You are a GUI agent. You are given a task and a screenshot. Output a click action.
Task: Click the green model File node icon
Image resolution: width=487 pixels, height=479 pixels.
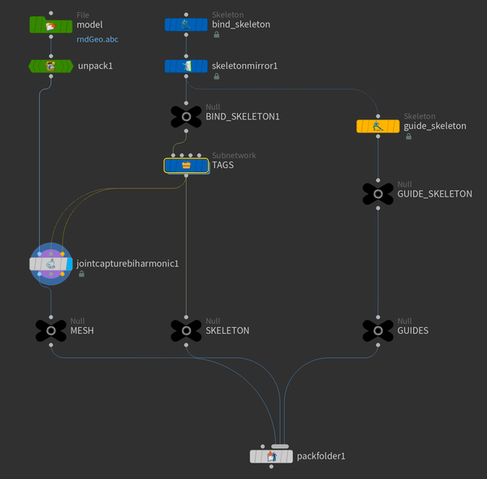(50, 25)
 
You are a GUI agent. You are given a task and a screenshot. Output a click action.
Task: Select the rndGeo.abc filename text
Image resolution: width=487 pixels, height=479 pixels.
(97, 39)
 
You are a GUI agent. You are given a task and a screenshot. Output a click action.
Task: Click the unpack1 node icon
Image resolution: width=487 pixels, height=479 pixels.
(50, 66)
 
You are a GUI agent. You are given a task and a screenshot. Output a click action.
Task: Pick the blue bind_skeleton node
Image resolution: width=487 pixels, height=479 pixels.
(186, 25)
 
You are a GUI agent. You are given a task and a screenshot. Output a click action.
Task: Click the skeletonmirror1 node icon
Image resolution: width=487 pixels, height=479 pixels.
(186, 66)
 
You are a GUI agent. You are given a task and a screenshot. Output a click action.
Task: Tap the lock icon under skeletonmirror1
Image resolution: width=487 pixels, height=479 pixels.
(216, 77)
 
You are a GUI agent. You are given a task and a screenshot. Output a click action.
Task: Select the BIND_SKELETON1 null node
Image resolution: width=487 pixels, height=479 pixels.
(186, 116)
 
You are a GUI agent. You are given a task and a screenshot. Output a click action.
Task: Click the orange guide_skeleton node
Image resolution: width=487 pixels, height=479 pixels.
(377, 126)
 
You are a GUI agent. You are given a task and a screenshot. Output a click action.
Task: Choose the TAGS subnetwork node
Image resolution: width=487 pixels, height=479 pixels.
(186, 165)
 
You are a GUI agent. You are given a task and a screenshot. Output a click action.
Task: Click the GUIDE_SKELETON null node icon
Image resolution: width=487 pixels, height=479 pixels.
(377, 194)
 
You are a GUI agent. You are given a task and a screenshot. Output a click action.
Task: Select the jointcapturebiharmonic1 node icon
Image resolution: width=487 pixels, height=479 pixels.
(50, 264)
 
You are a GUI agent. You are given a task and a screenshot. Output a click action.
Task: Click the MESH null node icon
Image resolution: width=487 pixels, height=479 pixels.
(50, 330)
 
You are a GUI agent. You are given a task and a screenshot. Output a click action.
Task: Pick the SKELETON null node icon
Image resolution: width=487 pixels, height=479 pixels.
(186, 330)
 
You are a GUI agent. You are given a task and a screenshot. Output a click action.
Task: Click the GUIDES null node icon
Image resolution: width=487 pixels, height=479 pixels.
(377, 330)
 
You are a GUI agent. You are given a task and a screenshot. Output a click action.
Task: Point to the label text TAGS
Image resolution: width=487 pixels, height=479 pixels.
(223, 165)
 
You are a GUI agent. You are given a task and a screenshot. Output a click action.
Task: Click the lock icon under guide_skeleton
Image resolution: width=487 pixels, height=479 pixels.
(407, 137)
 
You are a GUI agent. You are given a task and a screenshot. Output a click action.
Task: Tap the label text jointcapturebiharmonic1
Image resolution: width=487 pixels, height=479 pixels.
(127, 264)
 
